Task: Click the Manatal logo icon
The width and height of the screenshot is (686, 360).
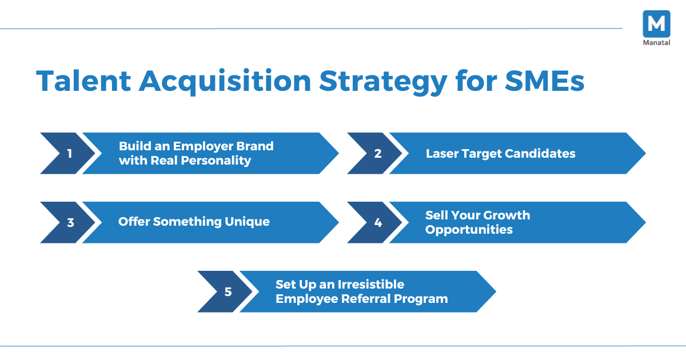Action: point(656,24)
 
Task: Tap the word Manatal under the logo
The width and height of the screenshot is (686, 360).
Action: point(656,43)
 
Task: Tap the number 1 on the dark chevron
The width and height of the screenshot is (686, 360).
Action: point(70,154)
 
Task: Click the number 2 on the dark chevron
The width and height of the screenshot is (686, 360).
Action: point(377,154)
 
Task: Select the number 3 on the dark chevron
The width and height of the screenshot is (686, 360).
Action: point(70,222)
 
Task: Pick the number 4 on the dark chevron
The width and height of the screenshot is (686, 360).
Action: point(378,222)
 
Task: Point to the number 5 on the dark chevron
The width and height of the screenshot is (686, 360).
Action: point(228,292)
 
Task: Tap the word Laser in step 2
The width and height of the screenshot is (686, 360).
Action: point(441,154)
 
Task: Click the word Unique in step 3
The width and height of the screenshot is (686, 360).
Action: point(247,222)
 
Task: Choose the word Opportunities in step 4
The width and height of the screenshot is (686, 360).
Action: point(469,230)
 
